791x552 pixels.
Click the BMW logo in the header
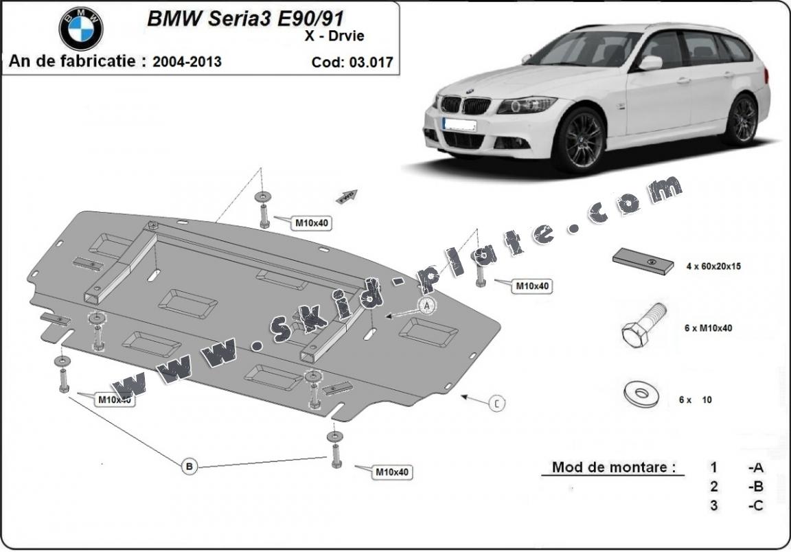click(81, 28)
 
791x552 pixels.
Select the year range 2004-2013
click(187, 61)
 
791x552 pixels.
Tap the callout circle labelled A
click(426, 304)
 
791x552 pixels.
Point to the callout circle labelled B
click(190, 466)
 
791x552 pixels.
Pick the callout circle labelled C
click(497, 404)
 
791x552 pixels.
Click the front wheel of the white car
click(578, 139)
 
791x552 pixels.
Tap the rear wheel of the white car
click(742, 119)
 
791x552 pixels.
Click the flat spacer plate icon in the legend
click(642, 262)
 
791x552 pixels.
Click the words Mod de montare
click(609, 468)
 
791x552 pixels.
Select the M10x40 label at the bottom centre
click(391, 472)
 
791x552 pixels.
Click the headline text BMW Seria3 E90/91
click(245, 19)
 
